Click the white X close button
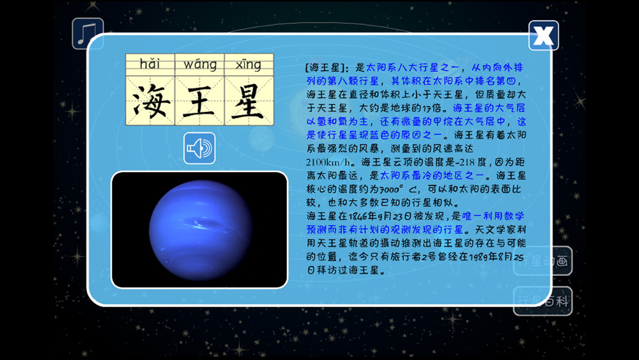544,35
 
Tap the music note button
88,33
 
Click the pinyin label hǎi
150,64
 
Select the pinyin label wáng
199,65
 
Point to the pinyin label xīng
249,65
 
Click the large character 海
150,100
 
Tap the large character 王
199,100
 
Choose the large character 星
249,100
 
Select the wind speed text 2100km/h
328,162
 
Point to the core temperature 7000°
392,189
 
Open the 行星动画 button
543,261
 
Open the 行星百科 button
543,301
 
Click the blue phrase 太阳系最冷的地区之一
432,176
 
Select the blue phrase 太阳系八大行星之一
412,67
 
